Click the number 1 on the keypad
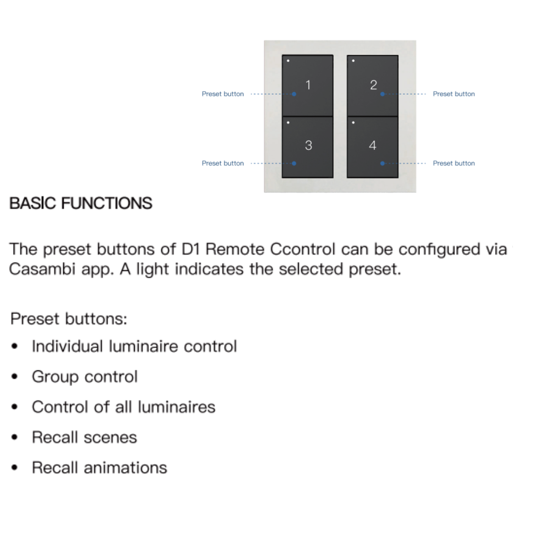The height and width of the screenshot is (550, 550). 308,85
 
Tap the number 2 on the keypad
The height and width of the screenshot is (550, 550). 374,85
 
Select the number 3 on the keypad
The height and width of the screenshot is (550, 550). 308,145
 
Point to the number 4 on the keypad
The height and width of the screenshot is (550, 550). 373,145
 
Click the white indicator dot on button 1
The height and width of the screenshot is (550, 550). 288,61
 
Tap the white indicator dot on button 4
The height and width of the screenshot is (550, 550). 353,123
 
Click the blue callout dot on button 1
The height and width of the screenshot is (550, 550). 294,94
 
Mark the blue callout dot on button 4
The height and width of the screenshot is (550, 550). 382,163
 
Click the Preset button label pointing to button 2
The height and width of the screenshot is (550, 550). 454,94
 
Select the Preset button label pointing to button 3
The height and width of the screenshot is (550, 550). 223,163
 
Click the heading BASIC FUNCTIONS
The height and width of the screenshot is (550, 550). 81,203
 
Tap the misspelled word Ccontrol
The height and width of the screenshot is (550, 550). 302,249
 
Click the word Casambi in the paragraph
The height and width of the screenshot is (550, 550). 42,269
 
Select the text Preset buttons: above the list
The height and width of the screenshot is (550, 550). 69,319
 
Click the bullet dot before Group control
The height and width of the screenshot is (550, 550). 15,376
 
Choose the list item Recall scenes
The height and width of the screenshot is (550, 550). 84,437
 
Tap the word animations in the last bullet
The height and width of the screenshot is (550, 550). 125,467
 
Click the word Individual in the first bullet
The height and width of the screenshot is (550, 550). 67,346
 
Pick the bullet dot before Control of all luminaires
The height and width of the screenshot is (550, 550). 15,407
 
